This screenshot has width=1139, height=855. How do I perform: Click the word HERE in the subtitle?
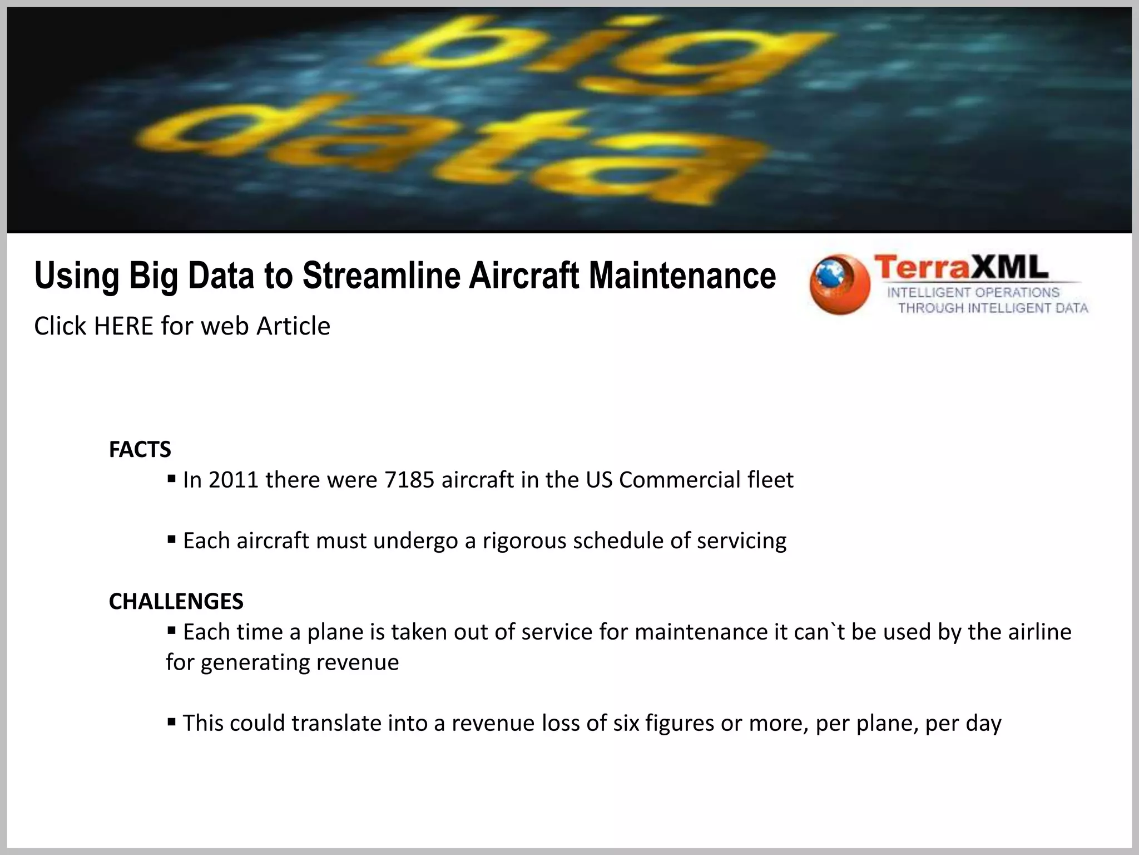123,326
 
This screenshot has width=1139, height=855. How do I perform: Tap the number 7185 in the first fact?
409,480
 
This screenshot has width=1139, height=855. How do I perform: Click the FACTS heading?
140,449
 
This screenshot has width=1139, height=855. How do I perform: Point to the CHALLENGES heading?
176,601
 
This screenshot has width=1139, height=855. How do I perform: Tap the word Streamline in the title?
382,276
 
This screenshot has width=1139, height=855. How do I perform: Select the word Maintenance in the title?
682,276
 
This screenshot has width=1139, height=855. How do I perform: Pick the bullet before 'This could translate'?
171,723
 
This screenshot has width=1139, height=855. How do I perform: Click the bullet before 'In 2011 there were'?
171,478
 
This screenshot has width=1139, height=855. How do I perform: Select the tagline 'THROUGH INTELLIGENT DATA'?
993,308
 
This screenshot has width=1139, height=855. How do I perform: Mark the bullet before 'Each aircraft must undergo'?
171,539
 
